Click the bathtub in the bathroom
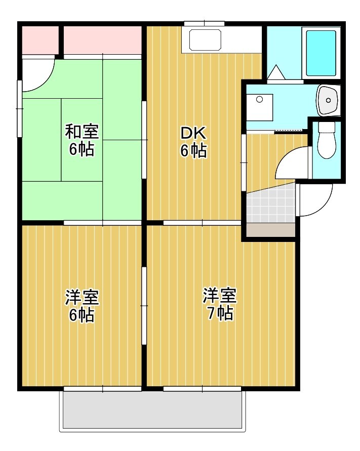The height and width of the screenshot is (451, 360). [x=321, y=53]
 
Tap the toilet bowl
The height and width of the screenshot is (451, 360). [x=327, y=141]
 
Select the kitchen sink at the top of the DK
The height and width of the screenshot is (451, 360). [x=205, y=39]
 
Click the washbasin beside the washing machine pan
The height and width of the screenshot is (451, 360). [x=328, y=100]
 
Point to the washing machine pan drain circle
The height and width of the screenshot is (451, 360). [x=260, y=100]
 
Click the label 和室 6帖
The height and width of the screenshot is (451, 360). [x=82, y=140]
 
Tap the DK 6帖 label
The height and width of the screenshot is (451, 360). [x=193, y=142]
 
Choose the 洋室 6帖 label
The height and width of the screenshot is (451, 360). [x=82, y=306]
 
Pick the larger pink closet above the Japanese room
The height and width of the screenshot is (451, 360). [x=102, y=40]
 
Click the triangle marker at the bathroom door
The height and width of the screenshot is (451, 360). [x=276, y=72]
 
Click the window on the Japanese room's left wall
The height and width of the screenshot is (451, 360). [x=20, y=109]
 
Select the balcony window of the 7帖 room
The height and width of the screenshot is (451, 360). [x=202, y=389]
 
